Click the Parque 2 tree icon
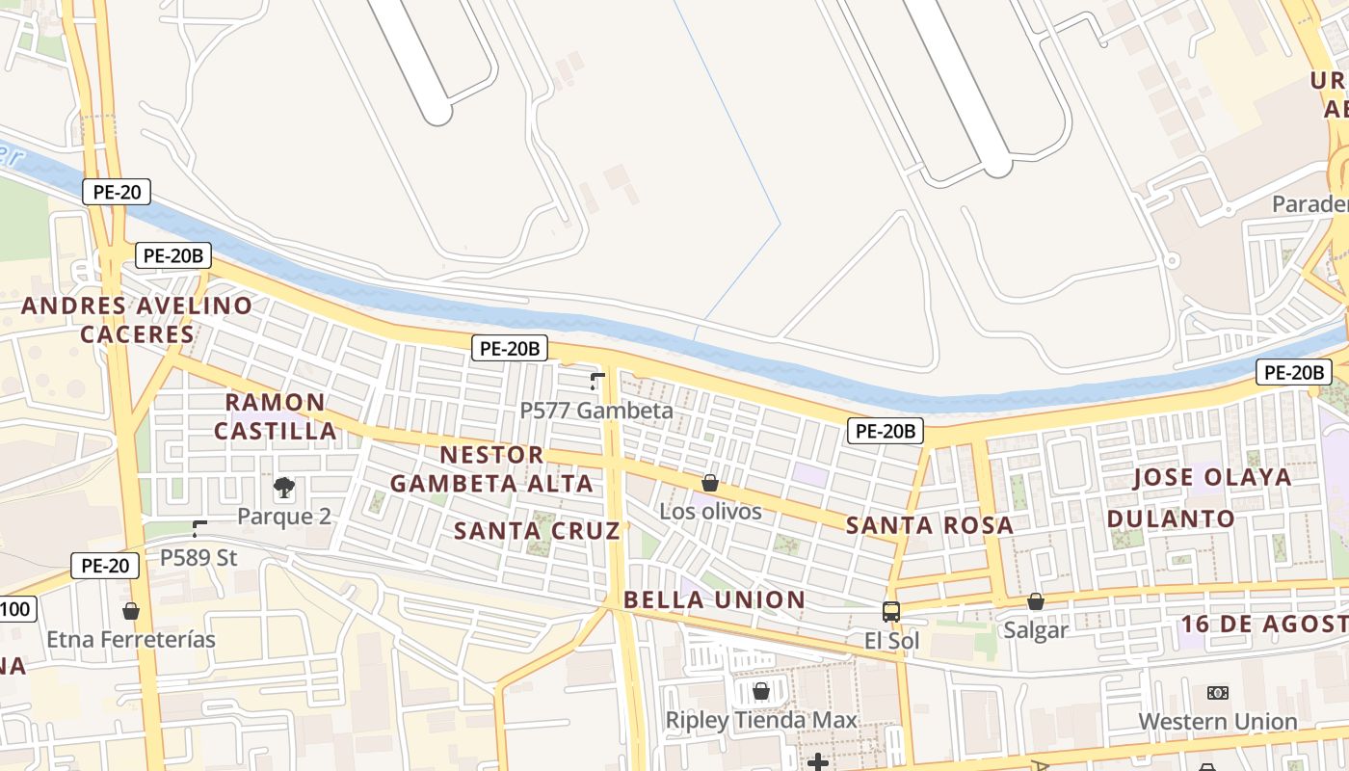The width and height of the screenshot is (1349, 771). coord(284,487)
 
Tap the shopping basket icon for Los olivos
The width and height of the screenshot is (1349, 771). coord(710,483)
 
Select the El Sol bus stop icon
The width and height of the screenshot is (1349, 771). coord(891,611)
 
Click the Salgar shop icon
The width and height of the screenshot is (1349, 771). coord(1036,601)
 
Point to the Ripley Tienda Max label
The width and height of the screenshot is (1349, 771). coord(761,720)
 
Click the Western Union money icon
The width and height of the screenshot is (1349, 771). coord(1218,693)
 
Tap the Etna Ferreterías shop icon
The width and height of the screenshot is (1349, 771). coord(131,611)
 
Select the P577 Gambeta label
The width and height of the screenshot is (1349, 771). coord(596,411)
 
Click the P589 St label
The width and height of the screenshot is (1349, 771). coord(198,557)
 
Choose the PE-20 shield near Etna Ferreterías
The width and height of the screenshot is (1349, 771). coord(105,566)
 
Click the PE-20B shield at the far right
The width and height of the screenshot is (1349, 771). coord(1294,372)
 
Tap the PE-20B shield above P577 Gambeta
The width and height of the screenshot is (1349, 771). coord(510,349)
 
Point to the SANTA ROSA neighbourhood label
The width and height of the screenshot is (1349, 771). coord(930,525)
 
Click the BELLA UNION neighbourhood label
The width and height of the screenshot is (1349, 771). coord(714,599)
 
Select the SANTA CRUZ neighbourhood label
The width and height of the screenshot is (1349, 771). coord(537,530)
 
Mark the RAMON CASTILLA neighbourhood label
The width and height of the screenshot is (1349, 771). coord(276,416)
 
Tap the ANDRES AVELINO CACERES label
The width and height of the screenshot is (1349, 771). coord(137,320)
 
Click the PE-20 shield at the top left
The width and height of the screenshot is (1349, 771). coord(117,192)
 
